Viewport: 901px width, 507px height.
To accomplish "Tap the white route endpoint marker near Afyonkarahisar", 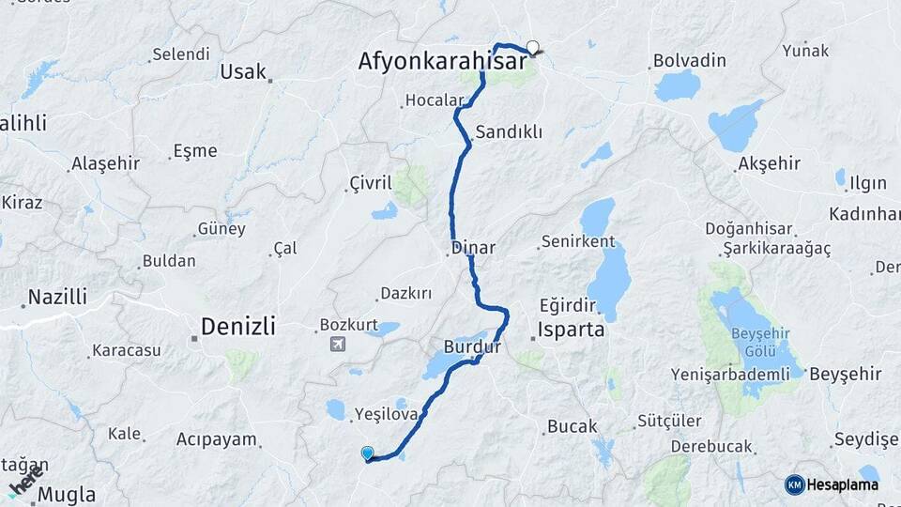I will point(533,47).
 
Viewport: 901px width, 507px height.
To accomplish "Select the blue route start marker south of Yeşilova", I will point(367,453).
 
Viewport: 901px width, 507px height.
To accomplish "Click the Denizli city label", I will point(237,327).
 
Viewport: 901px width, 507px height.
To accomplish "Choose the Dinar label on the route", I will point(473,248).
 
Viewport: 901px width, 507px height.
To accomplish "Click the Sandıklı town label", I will point(509,132).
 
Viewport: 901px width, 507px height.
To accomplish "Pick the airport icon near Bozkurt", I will point(336,344).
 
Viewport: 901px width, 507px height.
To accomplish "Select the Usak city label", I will point(243,71).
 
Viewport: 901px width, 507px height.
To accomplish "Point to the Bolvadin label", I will point(690,61).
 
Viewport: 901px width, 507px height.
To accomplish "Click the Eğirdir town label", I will point(568,305).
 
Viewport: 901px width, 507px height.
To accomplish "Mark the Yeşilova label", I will point(386,413).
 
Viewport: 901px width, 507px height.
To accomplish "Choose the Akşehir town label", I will point(770,163).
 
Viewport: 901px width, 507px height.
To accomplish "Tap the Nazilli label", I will point(57,297).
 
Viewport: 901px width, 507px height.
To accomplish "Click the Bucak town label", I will point(572,426).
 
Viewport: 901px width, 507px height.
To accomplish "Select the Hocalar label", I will point(435,100).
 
